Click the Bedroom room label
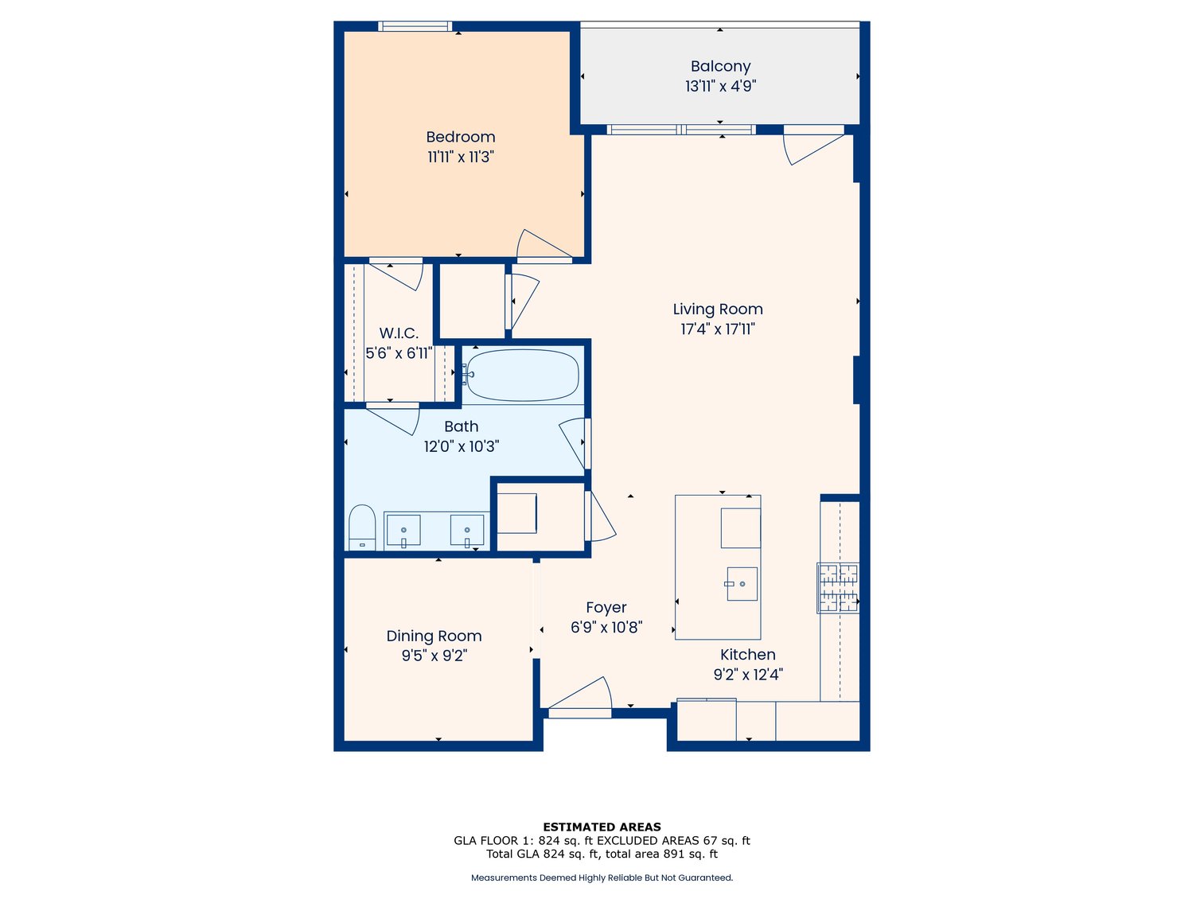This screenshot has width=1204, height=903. [x=460, y=137]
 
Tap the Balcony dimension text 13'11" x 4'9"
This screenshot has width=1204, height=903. [x=720, y=86]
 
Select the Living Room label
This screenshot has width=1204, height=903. [x=717, y=309]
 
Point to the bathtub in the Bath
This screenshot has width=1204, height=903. [x=522, y=375]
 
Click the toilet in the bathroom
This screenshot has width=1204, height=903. [x=362, y=527]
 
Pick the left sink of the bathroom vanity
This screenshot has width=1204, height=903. [x=403, y=531]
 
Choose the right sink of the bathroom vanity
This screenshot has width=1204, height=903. [x=467, y=531]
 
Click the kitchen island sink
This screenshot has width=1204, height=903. [x=741, y=584]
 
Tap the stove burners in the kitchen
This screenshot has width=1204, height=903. [x=839, y=588]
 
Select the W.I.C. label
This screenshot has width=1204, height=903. [x=399, y=333]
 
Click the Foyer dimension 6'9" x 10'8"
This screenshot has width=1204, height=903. [x=606, y=627]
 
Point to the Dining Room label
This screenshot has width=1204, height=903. [x=434, y=636]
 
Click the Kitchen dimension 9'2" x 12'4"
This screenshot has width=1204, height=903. [x=747, y=675]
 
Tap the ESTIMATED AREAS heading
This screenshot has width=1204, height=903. [x=602, y=827]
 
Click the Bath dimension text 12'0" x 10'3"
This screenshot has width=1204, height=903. [x=461, y=446]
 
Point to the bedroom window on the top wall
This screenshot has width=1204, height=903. [x=415, y=26]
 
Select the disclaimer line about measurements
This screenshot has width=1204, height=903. [x=602, y=878]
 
